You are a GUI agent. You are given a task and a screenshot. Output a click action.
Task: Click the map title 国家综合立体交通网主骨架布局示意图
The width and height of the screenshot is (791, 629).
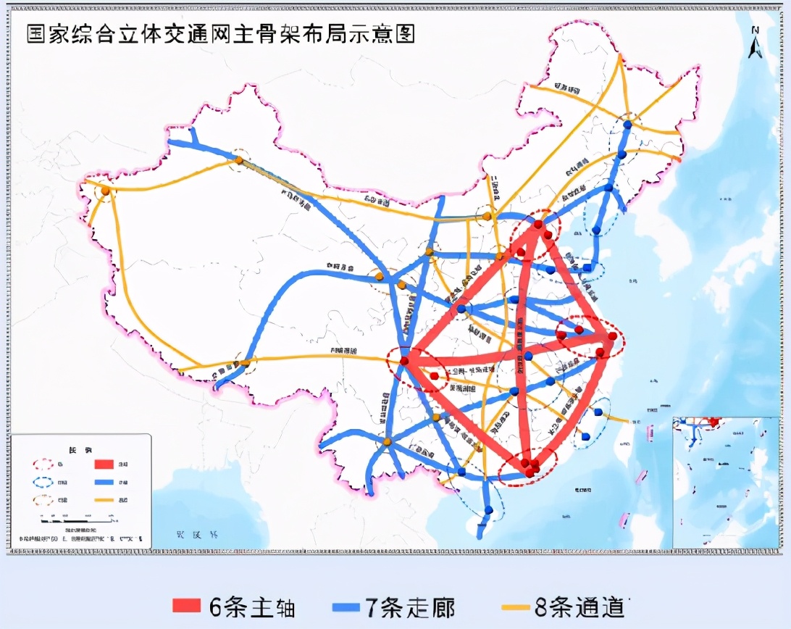coord(221,34)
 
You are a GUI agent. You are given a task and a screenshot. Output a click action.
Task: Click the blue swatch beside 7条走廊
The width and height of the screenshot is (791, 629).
coord(348,607)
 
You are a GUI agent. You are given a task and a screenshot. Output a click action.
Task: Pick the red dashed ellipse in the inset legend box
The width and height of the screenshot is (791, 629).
coord(43,463)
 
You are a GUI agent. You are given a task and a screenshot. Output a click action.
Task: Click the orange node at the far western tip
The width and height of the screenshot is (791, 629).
coord(106,191)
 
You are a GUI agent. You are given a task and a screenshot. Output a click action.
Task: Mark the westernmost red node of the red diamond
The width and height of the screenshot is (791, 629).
coord(404,360)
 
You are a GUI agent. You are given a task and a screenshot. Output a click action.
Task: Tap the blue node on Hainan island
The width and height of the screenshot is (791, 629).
coord(489,510)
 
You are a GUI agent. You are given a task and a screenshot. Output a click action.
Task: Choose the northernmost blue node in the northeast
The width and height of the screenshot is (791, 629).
coord(628,125)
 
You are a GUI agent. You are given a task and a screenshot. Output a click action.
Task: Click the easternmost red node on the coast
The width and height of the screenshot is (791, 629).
coord(613,336)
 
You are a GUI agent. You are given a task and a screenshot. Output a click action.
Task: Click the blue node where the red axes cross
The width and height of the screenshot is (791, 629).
coord(529,355)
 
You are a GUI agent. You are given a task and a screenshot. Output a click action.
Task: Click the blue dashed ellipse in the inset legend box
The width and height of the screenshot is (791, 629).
coord(43,482)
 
